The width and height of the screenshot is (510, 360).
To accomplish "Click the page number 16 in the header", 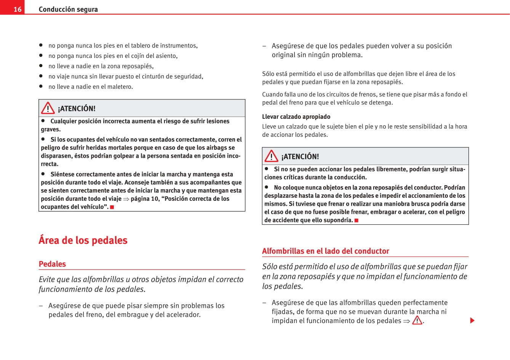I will (x=18, y=9).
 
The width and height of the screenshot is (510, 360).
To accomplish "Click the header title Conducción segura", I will (x=68, y=9).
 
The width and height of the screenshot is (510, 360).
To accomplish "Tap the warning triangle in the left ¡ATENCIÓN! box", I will (x=48, y=108).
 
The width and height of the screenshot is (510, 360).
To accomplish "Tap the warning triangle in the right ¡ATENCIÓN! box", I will (x=272, y=156).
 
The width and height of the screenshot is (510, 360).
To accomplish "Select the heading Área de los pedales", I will (x=83, y=240).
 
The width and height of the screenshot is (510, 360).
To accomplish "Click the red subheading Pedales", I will (x=52, y=264).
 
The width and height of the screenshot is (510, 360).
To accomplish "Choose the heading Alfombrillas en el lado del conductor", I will (x=326, y=251).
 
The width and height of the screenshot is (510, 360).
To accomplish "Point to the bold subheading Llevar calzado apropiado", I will (x=296, y=117).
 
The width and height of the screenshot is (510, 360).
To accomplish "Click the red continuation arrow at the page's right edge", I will (x=472, y=320).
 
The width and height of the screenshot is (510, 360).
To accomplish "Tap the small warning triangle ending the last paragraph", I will (x=417, y=321).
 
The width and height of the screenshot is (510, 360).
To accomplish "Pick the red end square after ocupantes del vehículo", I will (x=112, y=207).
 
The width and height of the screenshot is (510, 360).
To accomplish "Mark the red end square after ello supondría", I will (x=357, y=221).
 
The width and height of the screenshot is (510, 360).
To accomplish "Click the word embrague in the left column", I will (x=134, y=315).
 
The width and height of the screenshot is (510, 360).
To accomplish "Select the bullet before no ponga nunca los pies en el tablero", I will (x=41, y=45).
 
